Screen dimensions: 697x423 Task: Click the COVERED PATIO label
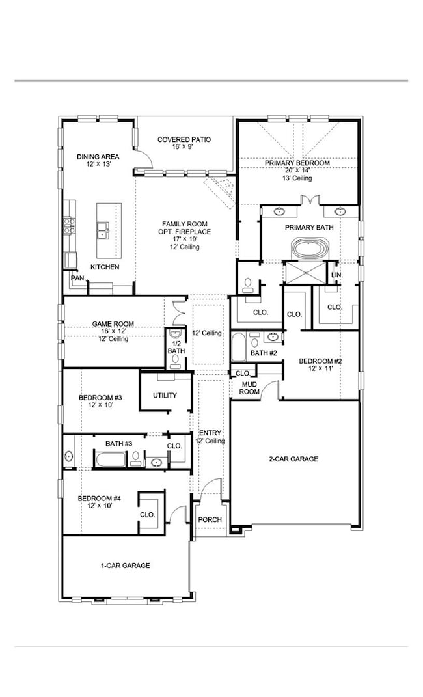point(184,139)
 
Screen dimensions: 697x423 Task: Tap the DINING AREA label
point(98,156)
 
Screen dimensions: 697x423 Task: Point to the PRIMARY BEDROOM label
point(297,163)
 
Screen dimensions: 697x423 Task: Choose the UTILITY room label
point(165,396)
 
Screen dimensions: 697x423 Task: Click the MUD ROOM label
point(249,388)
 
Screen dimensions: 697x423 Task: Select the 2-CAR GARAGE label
point(293,459)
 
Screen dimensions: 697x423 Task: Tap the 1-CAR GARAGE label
point(126,566)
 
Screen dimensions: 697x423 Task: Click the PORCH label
point(210,519)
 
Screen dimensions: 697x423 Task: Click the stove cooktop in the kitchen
point(68,225)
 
